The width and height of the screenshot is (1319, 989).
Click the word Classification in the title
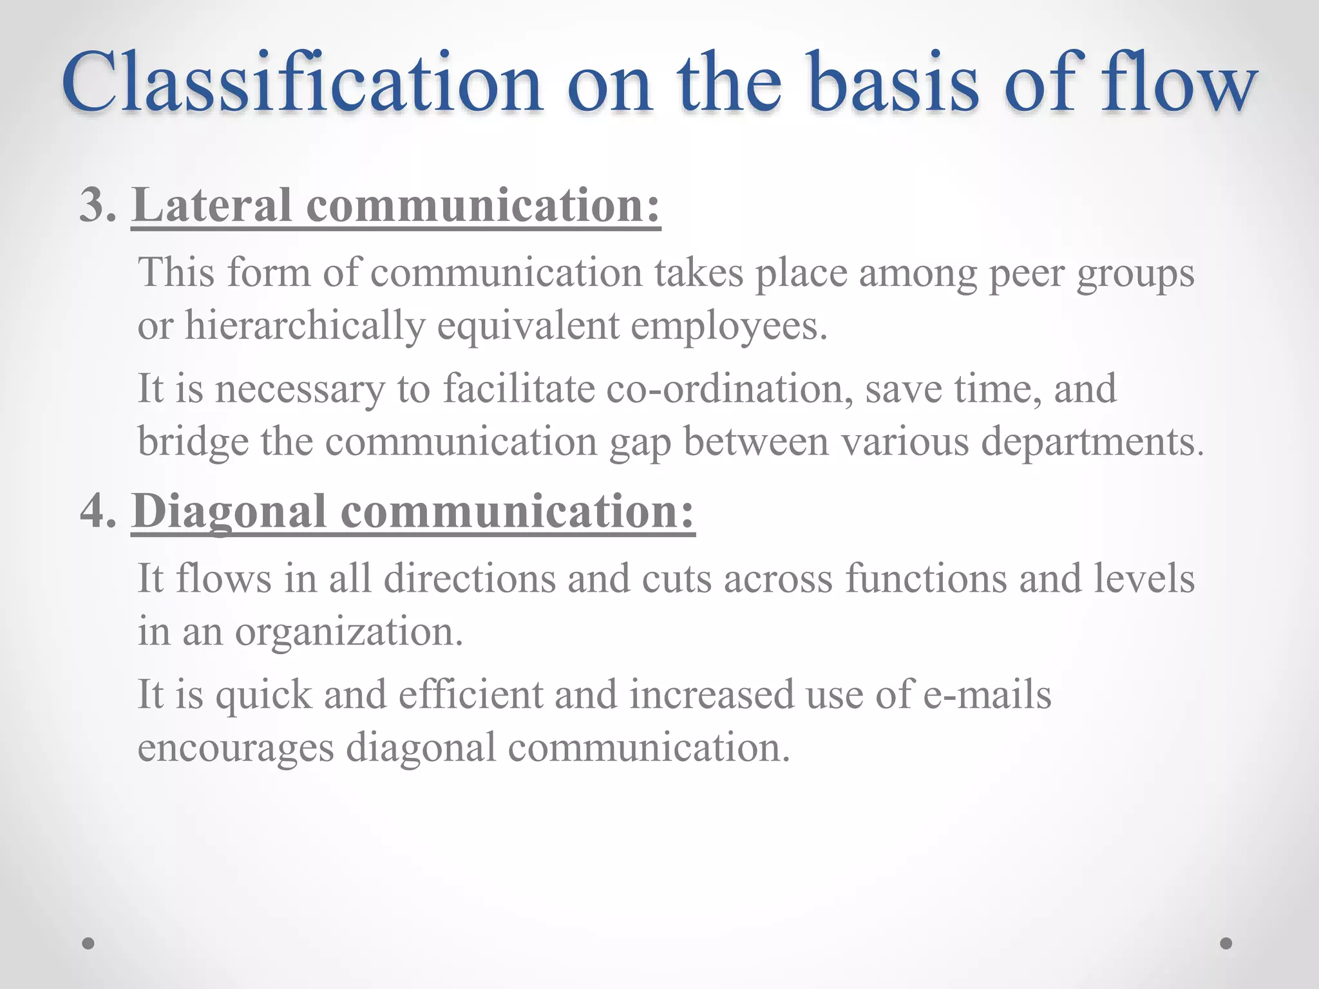click(301, 84)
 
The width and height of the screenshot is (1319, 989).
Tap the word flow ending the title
click(1179, 84)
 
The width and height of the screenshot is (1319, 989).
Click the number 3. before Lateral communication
click(98, 206)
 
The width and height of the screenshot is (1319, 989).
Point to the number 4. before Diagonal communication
click(98, 512)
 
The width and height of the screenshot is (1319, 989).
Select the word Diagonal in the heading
click(229, 512)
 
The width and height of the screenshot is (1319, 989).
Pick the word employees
click(728, 325)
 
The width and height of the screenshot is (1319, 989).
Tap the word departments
click(1091, 442)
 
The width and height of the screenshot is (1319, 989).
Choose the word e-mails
click(987, 695)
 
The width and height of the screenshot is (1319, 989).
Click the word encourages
click(236, 748)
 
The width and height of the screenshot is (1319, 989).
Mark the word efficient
click(470, 695)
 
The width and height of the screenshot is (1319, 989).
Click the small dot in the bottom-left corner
click(89, 943)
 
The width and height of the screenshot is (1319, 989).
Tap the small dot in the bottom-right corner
click(1226, 943)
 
